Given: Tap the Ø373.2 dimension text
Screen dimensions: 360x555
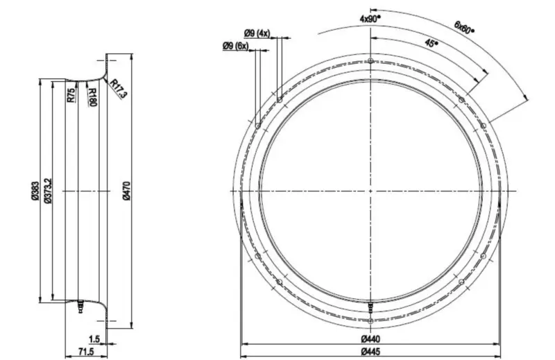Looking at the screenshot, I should coord(48,191).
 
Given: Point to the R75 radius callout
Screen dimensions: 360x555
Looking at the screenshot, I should coord(71,95).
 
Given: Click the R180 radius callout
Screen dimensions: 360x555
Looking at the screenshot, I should coord(92,96).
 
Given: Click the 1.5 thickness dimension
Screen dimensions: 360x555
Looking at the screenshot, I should coord(94,340).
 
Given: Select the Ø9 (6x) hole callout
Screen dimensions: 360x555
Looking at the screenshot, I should coord(236,46).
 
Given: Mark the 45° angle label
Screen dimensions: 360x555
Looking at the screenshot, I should coord(430,43).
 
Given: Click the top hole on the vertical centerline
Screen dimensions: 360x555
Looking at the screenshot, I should coord(372,61).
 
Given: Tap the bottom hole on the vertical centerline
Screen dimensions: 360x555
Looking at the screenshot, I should coord(372,320).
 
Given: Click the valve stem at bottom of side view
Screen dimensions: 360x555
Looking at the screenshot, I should coord(79,305).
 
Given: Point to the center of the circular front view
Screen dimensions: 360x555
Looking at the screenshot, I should coord(372,191).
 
